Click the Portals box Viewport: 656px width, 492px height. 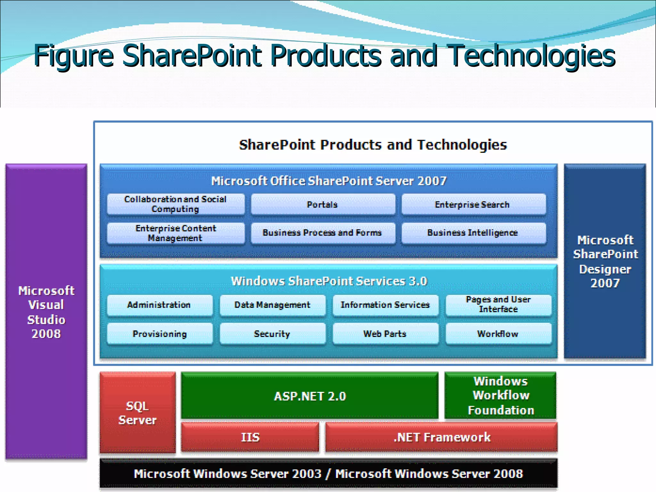323,204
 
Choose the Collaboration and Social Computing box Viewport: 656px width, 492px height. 176,204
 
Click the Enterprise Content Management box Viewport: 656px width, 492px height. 176,233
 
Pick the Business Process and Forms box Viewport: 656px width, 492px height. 323,233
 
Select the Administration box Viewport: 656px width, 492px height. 159,305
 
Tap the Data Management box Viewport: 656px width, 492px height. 273,305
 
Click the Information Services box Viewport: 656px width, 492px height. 385,305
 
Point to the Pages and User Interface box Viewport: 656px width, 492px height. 498,305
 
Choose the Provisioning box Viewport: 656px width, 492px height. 159,334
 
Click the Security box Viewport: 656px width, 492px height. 273,334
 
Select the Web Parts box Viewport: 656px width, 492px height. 385,334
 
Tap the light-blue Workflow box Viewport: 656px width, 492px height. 498,334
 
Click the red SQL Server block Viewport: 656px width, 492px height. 138,413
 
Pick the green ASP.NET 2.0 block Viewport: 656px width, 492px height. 309,396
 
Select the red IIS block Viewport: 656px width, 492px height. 250,437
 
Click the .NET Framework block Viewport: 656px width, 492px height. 441,437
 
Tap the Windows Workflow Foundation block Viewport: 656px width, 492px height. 500,396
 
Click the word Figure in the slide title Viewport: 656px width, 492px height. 74,56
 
